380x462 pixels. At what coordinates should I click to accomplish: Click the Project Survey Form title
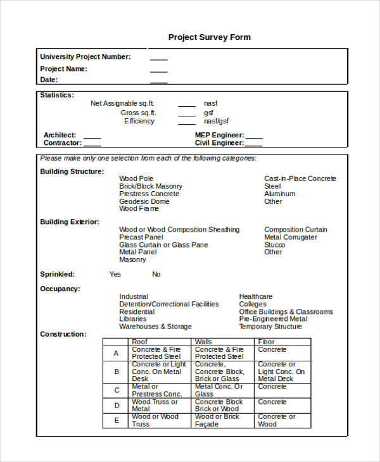209,37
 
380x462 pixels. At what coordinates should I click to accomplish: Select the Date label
49,80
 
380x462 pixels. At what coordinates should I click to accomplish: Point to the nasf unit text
211,103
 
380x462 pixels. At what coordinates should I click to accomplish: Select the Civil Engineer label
219,143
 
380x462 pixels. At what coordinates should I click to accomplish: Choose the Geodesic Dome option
144,201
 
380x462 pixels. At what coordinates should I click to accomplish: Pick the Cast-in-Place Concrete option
300,178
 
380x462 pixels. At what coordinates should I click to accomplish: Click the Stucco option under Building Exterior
274,244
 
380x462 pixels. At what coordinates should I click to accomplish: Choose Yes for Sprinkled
115,274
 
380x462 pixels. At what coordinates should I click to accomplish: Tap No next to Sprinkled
156,274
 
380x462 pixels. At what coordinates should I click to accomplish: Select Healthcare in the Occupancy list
256,296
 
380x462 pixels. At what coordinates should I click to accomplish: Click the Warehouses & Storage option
155,327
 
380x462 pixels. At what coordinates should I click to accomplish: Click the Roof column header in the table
139,342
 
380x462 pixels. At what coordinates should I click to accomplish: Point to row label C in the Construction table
117,390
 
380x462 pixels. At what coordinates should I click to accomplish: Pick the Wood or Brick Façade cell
217,420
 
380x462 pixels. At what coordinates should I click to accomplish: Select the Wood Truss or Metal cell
155,405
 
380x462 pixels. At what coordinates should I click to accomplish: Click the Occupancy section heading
60,289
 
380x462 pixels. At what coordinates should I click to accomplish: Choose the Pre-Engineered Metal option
273,319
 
